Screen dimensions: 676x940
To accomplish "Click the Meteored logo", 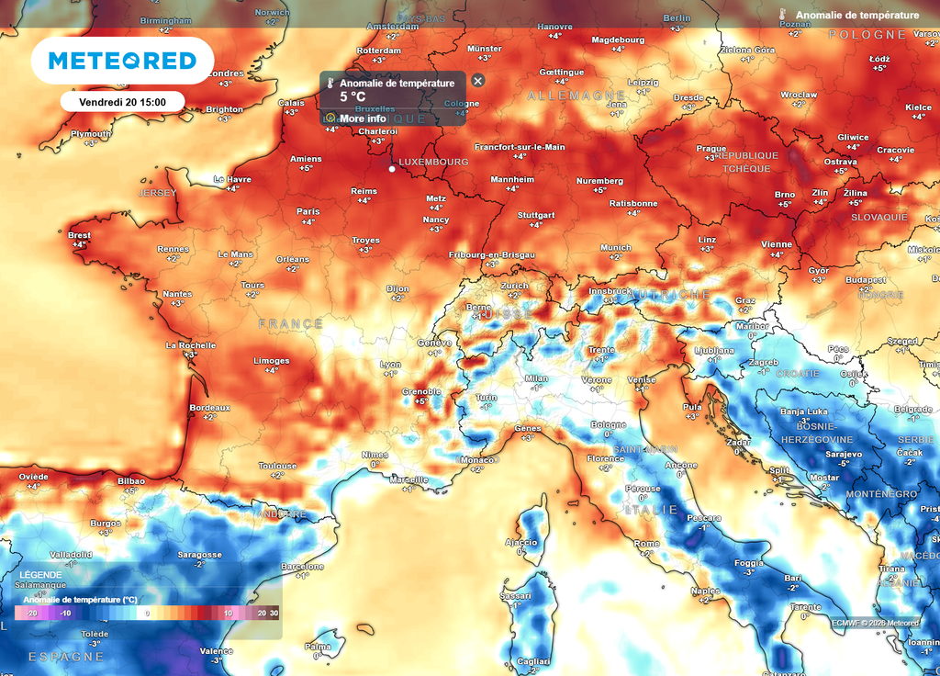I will coord(122,61).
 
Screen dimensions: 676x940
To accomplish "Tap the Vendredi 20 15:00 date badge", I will coord(122,101).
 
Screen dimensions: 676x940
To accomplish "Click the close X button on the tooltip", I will coord(477,80).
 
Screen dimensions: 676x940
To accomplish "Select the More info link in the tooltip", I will coord(362,118).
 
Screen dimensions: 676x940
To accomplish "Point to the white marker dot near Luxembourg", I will coord(392,169).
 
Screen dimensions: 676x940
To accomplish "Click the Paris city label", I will coord(308,211).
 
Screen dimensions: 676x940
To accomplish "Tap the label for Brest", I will coord(80,235).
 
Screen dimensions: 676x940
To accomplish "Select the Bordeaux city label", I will coord(209,407).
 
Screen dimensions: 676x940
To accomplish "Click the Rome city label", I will coord(646,544).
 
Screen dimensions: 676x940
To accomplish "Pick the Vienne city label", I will coord(776,243).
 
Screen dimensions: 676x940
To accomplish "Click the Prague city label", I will coord(711,148).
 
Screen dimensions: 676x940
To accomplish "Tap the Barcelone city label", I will coord(303,566).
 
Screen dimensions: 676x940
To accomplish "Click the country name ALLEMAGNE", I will coord(576,96).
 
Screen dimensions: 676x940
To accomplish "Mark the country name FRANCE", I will coord(290,323).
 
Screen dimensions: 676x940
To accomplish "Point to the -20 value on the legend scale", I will coord(31,613).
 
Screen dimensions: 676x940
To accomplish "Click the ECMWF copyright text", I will coord(875,623).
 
